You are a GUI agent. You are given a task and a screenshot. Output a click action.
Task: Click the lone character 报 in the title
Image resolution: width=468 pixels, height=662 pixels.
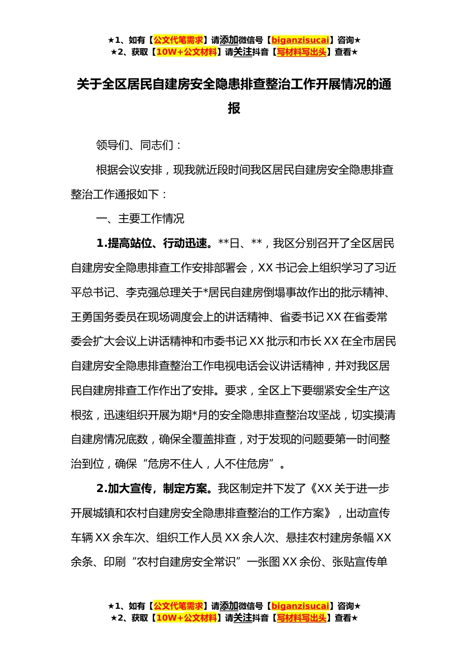[234, 108]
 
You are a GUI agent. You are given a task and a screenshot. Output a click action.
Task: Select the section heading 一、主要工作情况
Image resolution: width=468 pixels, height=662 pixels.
[140, 219]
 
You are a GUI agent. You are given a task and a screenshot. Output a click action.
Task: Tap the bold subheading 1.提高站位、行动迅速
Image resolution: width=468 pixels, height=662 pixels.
[154, 243]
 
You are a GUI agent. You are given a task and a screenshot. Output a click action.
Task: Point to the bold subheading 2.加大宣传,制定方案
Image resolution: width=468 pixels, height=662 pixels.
[154, 489]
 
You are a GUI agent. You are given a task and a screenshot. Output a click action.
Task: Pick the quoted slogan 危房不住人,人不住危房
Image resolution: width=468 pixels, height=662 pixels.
[213, 464]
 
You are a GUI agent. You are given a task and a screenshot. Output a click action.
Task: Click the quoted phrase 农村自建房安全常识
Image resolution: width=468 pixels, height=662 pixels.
[186, 562]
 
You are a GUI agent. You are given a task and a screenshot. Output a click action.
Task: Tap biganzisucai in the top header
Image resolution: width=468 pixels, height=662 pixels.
[300, 40]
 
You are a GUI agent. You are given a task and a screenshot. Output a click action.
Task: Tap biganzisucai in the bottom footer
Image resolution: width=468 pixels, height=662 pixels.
[300, 606]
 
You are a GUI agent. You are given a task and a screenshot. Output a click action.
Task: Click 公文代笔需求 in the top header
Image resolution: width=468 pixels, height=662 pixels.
[178, 40]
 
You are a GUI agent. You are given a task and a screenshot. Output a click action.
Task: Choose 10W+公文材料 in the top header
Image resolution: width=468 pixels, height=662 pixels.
[186, 52]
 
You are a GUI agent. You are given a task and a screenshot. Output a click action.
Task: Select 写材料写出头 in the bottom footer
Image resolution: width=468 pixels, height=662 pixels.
[301, 618]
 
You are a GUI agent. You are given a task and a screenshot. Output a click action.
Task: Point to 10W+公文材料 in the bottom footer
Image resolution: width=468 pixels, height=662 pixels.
[186, 618]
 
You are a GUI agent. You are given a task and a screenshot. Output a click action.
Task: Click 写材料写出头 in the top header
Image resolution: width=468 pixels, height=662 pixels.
[301, 52]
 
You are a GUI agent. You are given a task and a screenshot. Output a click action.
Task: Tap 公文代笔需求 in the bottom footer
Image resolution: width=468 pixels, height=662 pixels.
[178, 606]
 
